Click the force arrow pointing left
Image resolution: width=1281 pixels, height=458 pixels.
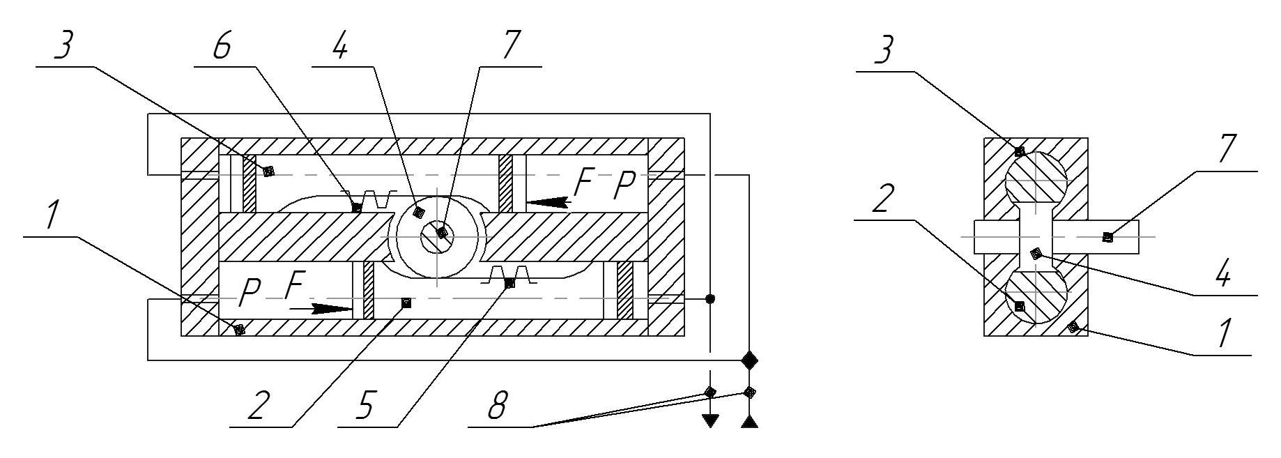[547, 202]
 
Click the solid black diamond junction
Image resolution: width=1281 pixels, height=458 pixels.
[749, 360]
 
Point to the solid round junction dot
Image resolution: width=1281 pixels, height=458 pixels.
[709, 299]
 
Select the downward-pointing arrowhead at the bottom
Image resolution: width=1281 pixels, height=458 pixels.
[709, 420]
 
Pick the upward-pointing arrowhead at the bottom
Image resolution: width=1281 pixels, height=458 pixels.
[749, 420]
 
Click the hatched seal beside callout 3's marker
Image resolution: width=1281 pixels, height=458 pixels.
[249, 183]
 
